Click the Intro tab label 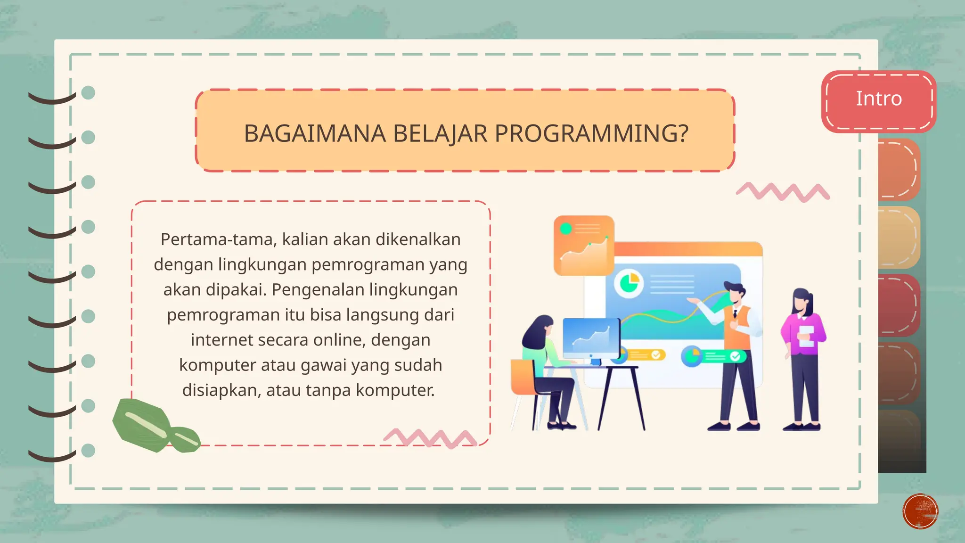pyautogui.click(x=879, y=99)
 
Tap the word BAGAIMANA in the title pyautogui.click(x=315, y=134)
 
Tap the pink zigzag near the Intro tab pyautogui.click(x=783, y=192)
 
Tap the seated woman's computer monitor pyautogui.click(x=591, y=337)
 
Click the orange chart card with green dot pyautogui.click(x=584, y=246)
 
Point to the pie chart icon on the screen pyautogui.click(x=629, y=283)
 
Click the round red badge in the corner pyautogui.click(x=920, y=511)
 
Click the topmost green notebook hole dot pyautogui.click(x=88, y=92)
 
